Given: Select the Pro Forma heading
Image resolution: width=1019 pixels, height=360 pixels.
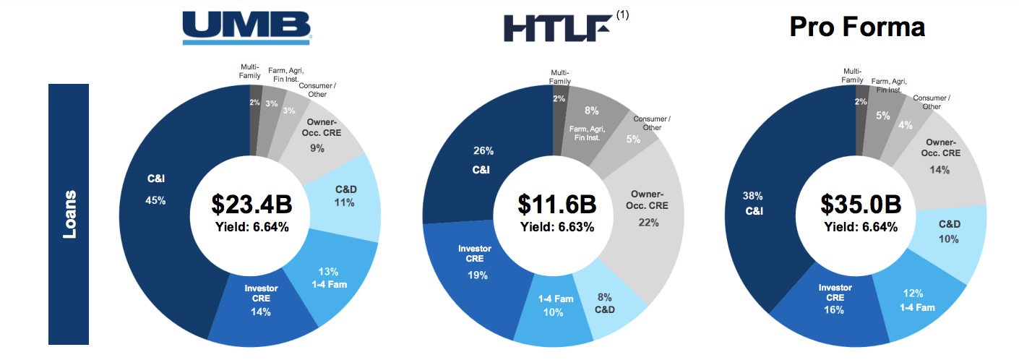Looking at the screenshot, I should pyautogui.click(x=856, y=27).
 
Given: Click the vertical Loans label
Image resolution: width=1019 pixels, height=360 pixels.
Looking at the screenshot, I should pyautogui.click(x=69, y=214).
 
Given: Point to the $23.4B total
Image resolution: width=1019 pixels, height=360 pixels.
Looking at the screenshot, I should pyautogui.click(x=251, y=204).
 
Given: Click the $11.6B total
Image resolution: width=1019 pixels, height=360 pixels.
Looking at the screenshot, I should pyautogui.click(x=557, y=204).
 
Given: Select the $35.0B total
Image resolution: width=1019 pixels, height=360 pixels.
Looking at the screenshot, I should pyautogui.click(x=860, y=204).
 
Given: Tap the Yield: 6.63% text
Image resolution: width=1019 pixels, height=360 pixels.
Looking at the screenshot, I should pyautogui.click(x=557, y=227).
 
